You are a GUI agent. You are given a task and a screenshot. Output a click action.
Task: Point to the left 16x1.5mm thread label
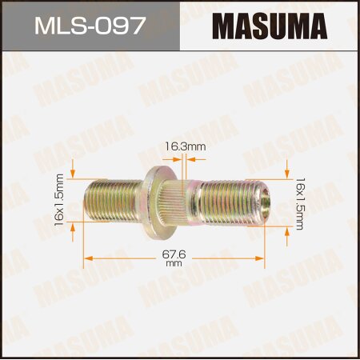pos(59,198)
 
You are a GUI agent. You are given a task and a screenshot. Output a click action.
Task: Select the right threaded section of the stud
pos(226,204)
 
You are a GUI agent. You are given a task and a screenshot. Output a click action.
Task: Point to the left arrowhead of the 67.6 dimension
pos(88,258)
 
